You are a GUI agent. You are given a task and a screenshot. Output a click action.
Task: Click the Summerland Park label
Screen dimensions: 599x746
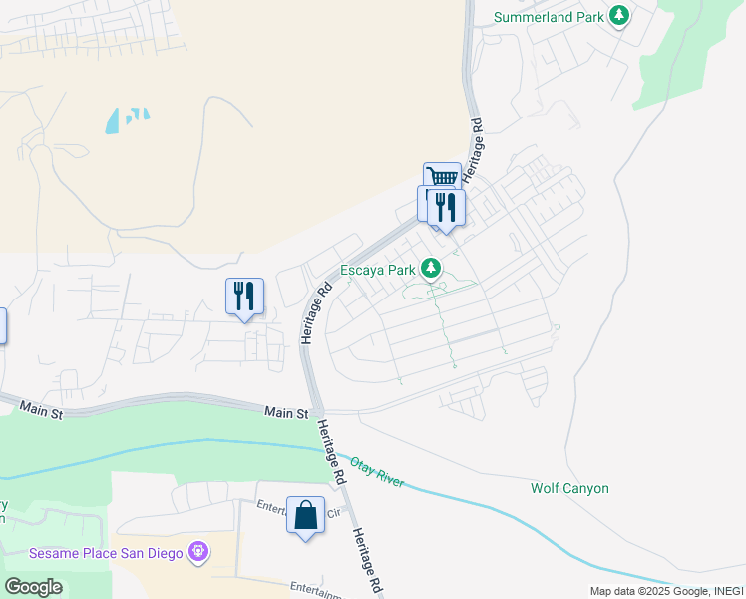point(551,16)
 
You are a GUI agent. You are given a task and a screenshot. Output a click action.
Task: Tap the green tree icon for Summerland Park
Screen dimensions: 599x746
point(620,15)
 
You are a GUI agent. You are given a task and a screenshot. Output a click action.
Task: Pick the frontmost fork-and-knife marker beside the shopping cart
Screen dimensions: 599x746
point(447,208)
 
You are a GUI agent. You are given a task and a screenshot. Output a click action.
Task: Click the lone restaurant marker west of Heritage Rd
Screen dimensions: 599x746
point(244,297)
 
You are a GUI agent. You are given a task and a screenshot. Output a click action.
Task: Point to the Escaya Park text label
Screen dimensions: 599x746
point(378,270)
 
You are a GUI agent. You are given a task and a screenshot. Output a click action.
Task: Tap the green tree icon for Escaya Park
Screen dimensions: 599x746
point(431,268)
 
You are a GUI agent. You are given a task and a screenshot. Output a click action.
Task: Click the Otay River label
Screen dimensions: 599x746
point(377,471)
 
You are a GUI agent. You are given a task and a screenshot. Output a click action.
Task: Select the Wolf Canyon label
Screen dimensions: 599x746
point(569,488)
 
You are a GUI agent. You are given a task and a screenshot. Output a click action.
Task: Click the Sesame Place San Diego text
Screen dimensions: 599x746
point(107,553)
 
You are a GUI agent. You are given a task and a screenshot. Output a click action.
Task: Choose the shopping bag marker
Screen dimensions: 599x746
point(305,516)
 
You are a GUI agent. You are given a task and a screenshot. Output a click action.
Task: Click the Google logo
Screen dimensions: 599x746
point(33,587)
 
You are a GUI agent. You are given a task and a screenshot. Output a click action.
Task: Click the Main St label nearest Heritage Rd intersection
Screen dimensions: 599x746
point(286,412)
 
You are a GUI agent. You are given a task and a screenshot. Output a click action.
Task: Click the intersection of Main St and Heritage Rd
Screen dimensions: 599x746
point(315,410)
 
